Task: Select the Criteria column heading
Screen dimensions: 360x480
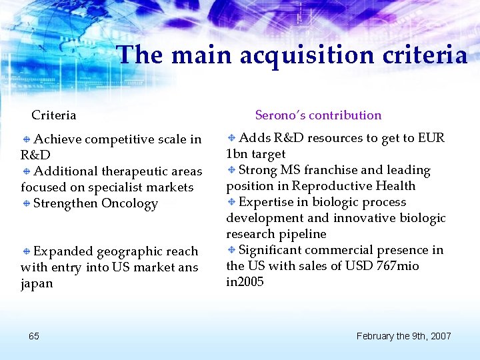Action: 54,115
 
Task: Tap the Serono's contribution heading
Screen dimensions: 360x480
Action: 318,115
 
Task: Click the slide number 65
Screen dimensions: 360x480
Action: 34,336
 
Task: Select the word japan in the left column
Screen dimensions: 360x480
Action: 37,284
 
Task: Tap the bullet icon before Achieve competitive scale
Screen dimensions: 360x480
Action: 26,140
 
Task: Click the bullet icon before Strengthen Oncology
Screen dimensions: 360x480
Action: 26,204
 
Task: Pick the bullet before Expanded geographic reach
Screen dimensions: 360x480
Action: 26,252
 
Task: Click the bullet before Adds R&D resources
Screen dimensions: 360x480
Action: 231,139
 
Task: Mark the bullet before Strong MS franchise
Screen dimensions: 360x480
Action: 231,171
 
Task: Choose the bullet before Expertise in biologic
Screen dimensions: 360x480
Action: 231,203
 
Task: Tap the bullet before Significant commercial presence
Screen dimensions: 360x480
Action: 231,251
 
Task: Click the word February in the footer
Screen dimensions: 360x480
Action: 377,336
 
